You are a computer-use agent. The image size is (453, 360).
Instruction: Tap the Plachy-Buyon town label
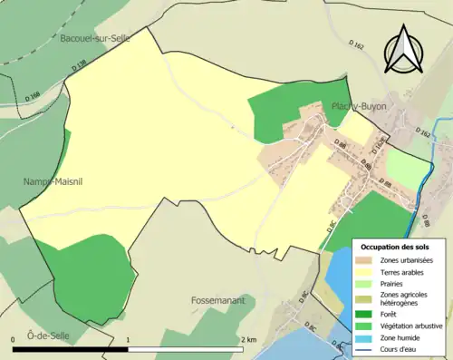[x=359, y=106]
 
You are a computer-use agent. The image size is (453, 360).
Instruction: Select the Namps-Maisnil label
[x=53, y=181]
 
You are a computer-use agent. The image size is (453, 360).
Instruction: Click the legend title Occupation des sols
[x=396, y=247]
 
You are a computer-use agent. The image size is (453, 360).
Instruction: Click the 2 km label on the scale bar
[x=250, y=339]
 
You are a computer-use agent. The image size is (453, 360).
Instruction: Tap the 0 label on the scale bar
[x=14, y=339]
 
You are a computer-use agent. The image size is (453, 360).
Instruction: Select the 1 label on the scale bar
[x=129, y=339]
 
